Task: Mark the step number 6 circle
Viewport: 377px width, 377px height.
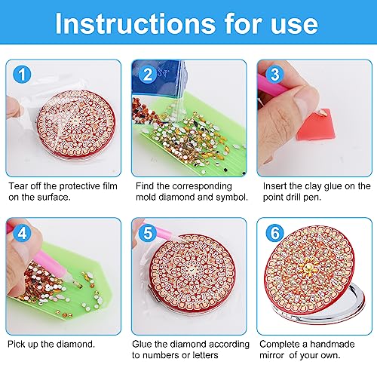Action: tap(274, 233)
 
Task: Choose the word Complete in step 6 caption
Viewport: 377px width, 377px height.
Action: tap(282, 344)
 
